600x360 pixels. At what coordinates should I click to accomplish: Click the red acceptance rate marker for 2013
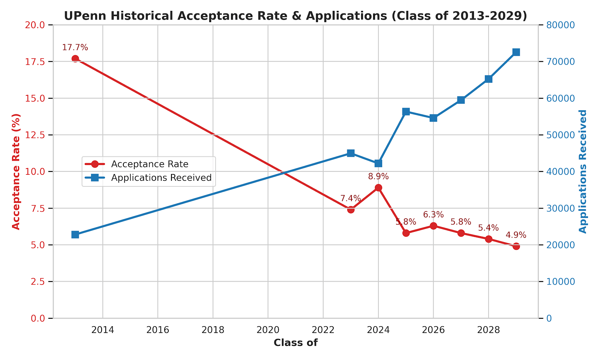pos(75,58)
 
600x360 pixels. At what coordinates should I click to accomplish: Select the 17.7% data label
pos(75,48)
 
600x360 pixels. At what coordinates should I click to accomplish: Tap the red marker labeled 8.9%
pos(378,187)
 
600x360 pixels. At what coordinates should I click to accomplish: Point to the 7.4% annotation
pos(350,199)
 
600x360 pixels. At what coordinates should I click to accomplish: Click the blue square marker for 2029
pos(516,52)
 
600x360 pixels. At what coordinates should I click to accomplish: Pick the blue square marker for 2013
pos(75,234)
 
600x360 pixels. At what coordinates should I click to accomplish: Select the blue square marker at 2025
pos(406,112)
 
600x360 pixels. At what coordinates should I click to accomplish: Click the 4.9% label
pos(516,235)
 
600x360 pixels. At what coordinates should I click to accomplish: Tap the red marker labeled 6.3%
pos(433,226)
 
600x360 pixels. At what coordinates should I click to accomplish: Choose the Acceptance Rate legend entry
pos(149,164)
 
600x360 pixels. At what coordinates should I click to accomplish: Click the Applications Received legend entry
pos(161,178)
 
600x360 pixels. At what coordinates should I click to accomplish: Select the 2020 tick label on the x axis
pos(268,330)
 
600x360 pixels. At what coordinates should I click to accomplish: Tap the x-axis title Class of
pos(295,343)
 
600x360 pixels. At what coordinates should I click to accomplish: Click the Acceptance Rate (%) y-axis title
pos(16,171)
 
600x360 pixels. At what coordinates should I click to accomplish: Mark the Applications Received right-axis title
pos(583,171)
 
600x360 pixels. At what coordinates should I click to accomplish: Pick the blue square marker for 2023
pos(351,153)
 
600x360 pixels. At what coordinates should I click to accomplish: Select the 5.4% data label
pos(488,228)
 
